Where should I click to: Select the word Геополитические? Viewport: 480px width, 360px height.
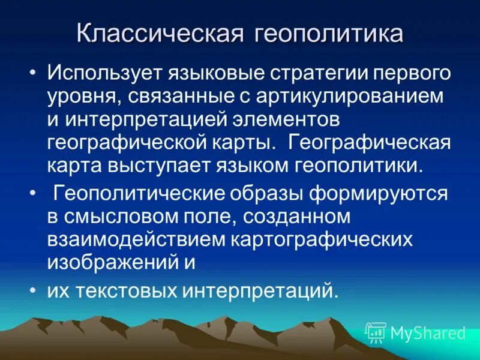[141, 193]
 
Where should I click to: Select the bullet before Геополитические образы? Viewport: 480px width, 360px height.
[33, 194]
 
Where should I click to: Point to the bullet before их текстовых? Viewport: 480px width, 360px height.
[33, 290]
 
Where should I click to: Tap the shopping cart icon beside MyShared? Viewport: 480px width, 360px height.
[376, 332]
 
